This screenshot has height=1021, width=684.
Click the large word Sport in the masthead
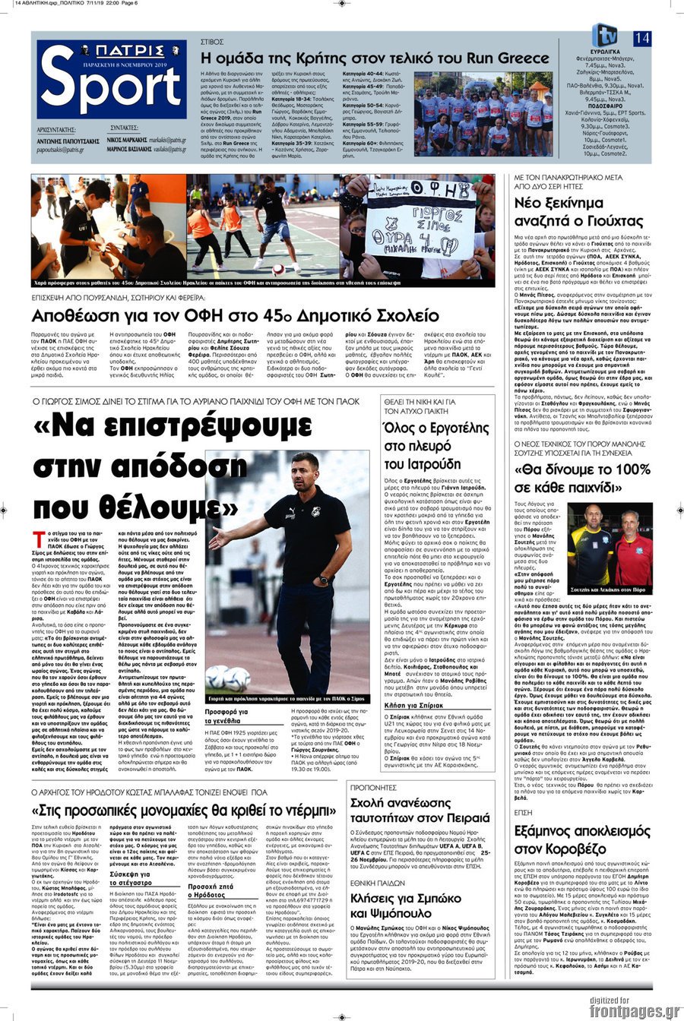pyautogui.click(x=112, y=88)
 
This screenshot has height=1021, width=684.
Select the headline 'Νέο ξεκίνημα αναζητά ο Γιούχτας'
pyautogui.click(x=579, y=212)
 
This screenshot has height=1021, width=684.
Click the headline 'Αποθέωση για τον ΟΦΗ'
pyautogui.click(x=235, y=315)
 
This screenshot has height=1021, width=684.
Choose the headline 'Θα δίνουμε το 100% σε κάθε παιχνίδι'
pyautogui.click(x=582, y=478)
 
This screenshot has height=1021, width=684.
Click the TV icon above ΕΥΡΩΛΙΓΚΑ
pyautogui.click(x=606, y=34)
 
